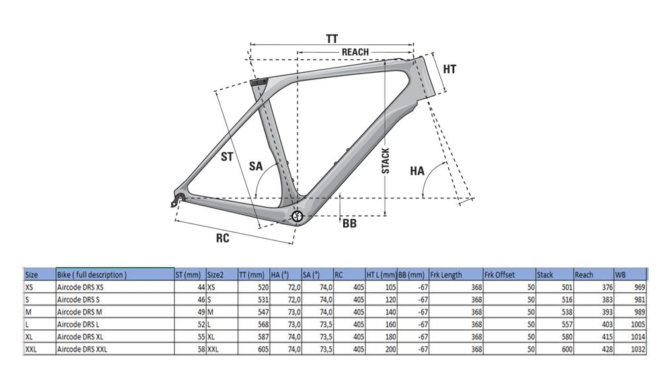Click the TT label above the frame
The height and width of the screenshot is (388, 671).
click(332, 39)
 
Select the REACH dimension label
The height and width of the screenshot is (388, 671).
click(355, 52)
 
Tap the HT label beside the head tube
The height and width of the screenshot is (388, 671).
click(450, 69)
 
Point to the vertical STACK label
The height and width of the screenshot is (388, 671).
click(385, 161)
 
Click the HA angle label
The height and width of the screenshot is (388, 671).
click(417, 171)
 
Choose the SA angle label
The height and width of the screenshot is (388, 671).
click(255, 166)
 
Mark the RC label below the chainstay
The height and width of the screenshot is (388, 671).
click(223, 238)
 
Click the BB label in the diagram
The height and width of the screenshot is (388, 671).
click(349, 223)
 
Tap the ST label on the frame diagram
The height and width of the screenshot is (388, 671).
click(227, 157)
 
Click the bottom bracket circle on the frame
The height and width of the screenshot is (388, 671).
click(297, 216)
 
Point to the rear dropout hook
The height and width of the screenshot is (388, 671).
click(177, 200)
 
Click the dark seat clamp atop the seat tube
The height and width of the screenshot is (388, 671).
click(258, 81)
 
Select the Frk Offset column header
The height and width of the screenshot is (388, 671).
click(499, 274)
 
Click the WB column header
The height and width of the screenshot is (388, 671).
click(620, 274)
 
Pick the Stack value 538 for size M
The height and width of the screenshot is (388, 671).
click(567, 312)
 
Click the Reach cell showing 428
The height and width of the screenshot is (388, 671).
click(608, 349)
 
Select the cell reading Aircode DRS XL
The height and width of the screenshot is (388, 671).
click(81, 336)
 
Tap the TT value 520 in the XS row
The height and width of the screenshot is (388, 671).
click(264, 287)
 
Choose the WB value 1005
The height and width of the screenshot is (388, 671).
click(638, 325)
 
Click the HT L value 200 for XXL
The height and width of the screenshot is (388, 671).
click(391, 349)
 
